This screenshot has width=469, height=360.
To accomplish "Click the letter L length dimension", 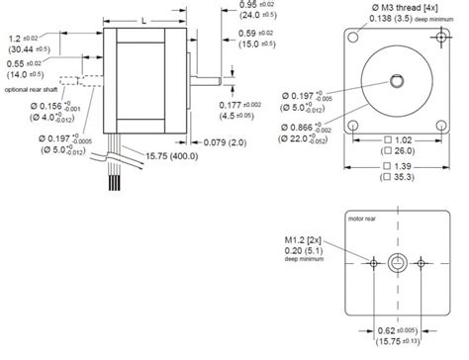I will (144, 19).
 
